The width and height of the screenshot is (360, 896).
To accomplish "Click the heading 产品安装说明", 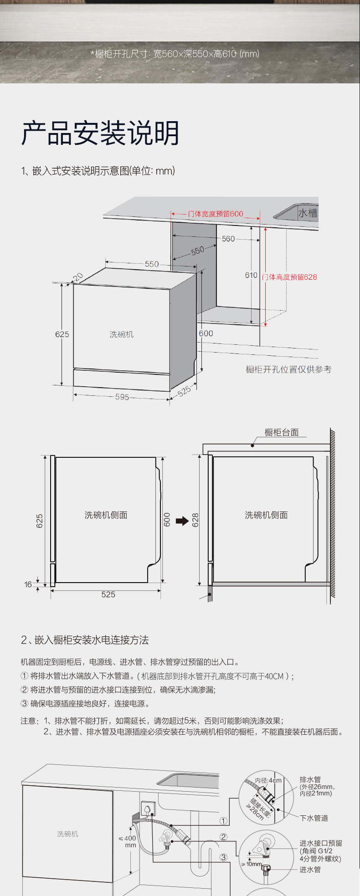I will click(100, 133).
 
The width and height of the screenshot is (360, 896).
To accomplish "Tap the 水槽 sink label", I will click(308, 213).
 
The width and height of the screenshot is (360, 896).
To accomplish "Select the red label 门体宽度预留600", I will click(216, 214).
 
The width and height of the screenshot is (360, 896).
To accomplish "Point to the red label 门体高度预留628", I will click(290, 277).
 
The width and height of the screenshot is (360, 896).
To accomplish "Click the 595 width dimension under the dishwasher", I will click(122, 397).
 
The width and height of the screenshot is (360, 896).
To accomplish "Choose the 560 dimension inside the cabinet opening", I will click(228, 239).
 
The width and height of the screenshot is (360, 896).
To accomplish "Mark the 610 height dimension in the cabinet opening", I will click(251, 275).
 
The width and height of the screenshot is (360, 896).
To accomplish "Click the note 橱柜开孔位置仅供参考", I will click(288, 369).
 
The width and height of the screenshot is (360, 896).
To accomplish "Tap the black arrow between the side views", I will click(182, 521).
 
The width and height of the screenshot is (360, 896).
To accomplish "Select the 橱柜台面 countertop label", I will click(282, 432).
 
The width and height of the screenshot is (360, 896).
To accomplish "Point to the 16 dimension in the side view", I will click(28, 584).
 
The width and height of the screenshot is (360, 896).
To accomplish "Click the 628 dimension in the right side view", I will click(195, 520).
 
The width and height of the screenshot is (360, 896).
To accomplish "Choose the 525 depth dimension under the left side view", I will click(108, 594).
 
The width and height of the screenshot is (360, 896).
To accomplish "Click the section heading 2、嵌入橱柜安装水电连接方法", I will click(85, 640).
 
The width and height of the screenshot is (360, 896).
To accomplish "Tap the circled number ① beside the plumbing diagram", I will click(223, 821).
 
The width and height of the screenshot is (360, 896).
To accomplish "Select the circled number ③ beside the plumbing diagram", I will click(223, 857).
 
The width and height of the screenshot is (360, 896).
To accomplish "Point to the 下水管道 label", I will click(314, 818).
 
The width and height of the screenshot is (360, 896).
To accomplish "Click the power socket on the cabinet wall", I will click(148, 809).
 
